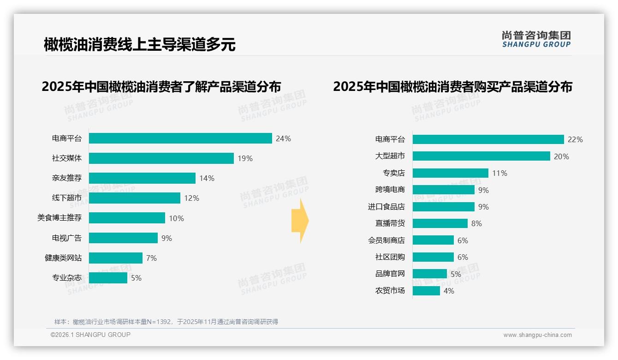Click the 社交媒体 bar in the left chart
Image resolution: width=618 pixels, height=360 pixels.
[161, 158]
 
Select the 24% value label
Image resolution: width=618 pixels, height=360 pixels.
[283, 138]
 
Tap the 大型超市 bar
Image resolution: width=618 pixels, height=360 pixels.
[481, 156]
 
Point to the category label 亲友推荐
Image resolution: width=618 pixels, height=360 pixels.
[66, 178]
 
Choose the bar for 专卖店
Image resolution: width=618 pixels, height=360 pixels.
[450, 173]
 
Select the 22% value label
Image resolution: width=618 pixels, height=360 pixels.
[575, 139]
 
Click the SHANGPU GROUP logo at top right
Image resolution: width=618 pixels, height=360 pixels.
[536, 39]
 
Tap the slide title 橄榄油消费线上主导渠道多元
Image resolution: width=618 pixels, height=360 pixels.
[139, 44]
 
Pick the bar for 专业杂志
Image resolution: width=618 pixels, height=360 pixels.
[108, 278]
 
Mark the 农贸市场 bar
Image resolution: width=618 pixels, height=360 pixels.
[426, 291]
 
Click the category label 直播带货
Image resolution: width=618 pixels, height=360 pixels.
[390, 223]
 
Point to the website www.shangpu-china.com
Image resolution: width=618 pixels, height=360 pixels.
[537, 335]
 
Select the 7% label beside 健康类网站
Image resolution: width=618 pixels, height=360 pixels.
[151, 258]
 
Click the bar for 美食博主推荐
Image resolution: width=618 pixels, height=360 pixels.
[127, 218]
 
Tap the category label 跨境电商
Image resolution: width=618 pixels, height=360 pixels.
[390, 190]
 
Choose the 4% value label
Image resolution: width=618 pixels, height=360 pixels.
[448, 291]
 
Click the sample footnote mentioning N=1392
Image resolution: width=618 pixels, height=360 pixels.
[166, 322]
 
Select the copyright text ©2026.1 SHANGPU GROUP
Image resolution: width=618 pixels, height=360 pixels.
[90, 335]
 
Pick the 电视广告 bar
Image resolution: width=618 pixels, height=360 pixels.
[123, 238]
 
